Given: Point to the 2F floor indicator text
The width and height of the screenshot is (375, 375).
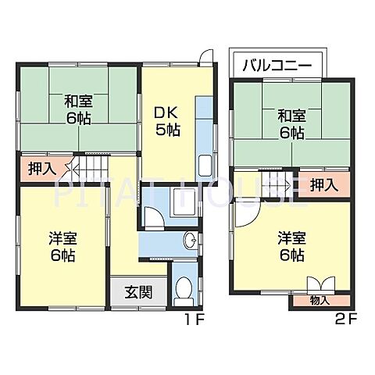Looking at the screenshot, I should tap(345, 319).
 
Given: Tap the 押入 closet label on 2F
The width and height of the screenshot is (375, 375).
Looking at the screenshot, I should tap(323, 184).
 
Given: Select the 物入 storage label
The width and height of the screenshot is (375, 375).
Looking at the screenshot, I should tap(320, 299).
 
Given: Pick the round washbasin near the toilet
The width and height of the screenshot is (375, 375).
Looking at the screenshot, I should tap(191, 240).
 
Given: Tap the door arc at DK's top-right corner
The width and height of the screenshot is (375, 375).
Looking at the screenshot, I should tap(205, 58).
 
